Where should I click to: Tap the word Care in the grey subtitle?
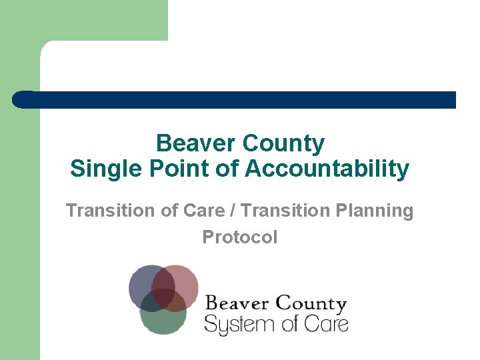click(213, 211)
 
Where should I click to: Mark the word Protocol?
click(240, 237)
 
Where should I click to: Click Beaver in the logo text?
click(237, 304)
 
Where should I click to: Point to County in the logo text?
click(311, 305)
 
